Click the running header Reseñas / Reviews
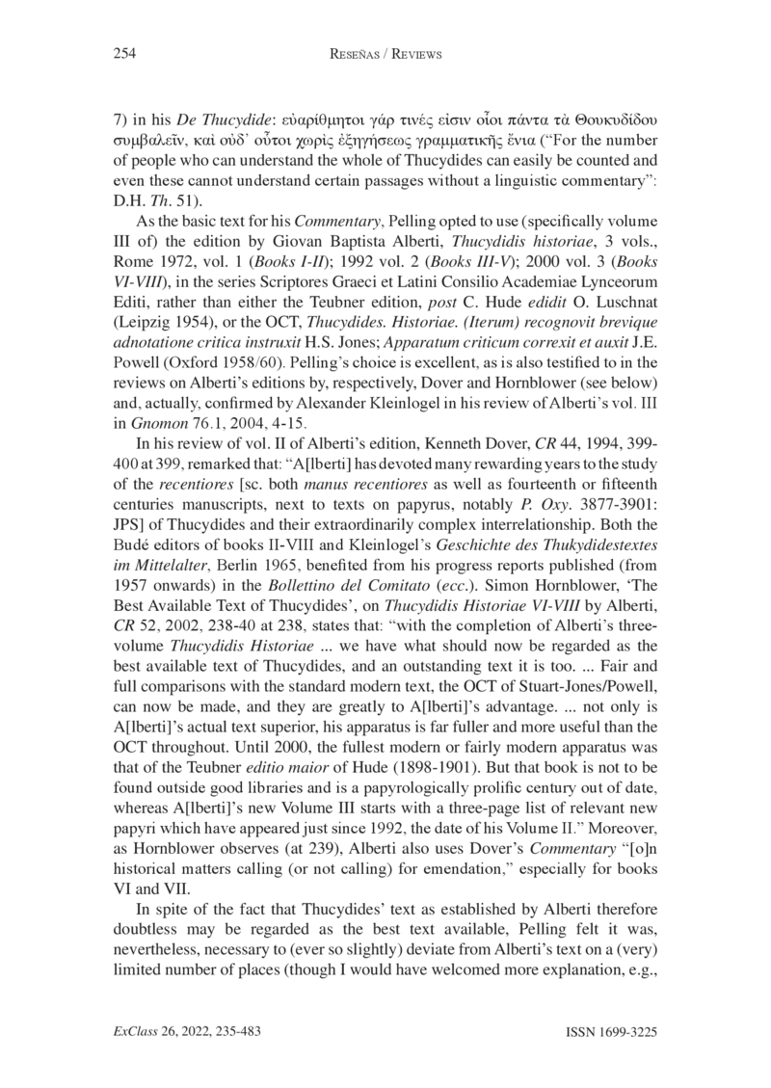click(385, 55)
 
